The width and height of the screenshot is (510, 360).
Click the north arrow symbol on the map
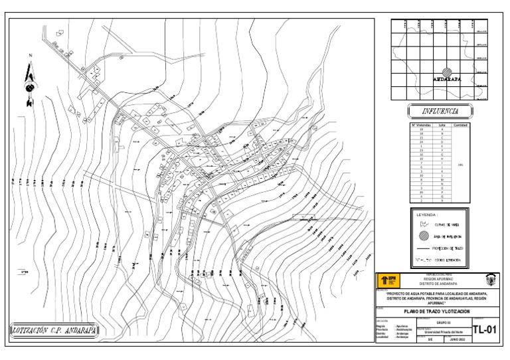(x=29, y=84)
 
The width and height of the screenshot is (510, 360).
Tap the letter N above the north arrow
(x=29, y=56)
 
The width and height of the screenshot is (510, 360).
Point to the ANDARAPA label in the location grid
(x=447, y=79)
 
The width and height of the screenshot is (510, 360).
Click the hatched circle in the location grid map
(x=448, y=71)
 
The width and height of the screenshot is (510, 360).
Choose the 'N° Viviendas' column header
(x=421, y=124)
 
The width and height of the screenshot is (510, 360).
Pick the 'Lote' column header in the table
(x=442, y=124)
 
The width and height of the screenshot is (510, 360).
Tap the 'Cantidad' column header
(x=461, y=124)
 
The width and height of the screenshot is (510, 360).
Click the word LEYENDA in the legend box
(x=428, y=215)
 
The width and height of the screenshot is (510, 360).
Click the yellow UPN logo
(x=388, y=280)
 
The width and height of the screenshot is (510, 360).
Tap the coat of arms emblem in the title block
(x=489, y=280)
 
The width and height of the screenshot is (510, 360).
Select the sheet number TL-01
(x=485, y=330)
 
